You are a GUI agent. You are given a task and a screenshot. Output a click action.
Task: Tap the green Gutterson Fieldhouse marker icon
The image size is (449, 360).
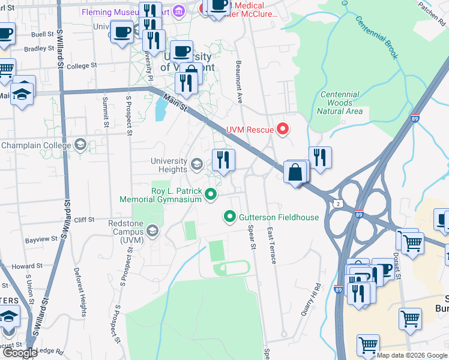coord(229,217)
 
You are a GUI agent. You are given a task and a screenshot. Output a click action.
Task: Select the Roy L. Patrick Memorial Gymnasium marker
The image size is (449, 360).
coord(210,194)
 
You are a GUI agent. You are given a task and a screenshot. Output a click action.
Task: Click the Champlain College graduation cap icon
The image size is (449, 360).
coord(80,145)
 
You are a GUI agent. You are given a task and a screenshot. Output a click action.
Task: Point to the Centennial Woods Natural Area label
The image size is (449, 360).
coord(340,103)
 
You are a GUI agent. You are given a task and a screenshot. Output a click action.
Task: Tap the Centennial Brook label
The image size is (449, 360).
coord(377,37)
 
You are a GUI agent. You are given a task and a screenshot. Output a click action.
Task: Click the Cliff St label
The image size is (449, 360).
coord(83,220)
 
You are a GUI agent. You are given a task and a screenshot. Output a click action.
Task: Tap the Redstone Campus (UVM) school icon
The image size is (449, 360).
coord(153,231)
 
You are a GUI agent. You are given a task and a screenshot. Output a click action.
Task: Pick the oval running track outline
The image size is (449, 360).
coord(232,268)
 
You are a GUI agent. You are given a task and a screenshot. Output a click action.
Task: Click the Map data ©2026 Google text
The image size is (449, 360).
coord(412,355)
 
